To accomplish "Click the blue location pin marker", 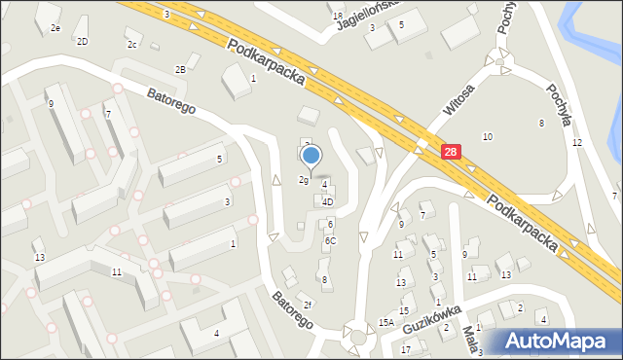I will [311, 156].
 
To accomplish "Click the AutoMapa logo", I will [559, 341].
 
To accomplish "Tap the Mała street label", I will [469, 341].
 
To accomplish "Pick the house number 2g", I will [303, 180].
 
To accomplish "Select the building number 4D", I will [328, 202].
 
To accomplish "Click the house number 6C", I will [330, 240].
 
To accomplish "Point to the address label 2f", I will [307, 305].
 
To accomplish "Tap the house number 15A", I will [386, 322].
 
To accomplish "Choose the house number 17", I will [406, 348].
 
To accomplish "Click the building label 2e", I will [55, 28].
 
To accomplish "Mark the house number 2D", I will [83, 41].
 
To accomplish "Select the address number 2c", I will [131, 45].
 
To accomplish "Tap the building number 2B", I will [180, 69].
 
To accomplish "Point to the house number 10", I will [487, 136].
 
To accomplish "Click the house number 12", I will [576, 143].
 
